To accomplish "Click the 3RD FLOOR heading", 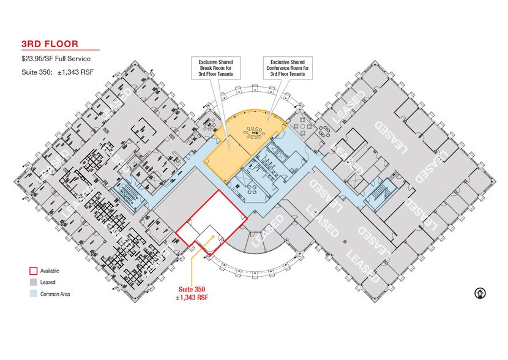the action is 50,44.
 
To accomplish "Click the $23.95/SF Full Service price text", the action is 56,59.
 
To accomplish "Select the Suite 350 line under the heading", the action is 58,72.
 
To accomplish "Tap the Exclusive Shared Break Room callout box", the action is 216,68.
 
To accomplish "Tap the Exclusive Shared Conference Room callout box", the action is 288,68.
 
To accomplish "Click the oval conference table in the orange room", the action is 254,132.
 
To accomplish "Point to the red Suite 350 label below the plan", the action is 192,290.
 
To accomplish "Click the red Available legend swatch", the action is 34,271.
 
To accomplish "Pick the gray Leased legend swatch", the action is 34,282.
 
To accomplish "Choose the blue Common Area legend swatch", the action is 34,294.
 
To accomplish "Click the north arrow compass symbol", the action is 480,293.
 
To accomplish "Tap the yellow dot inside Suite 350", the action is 213,236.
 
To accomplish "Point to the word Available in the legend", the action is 50,271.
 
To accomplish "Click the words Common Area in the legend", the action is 55,294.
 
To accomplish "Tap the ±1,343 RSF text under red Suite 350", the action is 192,298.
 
